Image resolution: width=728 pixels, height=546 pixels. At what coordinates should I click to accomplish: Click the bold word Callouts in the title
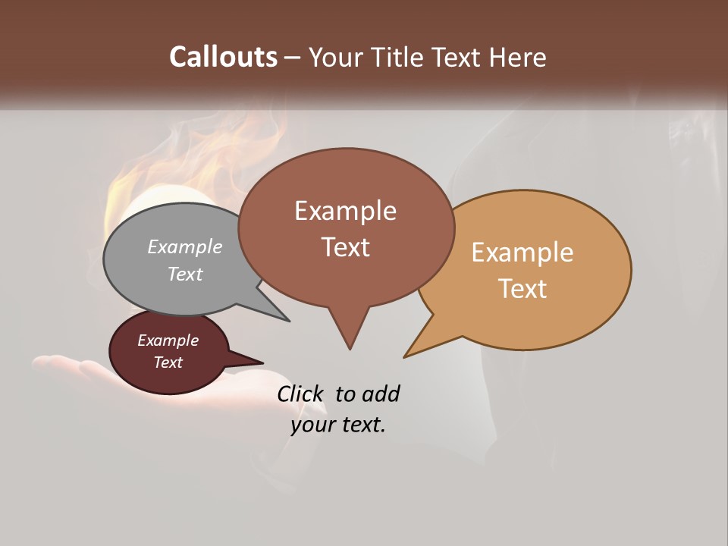[x=223, y=57]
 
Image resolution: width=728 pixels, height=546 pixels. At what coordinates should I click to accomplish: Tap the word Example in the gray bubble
[x=185, y=246]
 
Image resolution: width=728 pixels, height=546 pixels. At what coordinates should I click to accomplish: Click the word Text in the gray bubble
[x=185, y=274]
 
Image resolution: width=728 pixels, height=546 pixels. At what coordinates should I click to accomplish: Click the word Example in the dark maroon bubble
[x=168, y=340]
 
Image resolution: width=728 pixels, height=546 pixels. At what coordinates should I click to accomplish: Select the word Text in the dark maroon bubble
[x=168, y=362]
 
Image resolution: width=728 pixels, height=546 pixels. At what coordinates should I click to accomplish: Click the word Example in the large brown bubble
[x=345, y=211]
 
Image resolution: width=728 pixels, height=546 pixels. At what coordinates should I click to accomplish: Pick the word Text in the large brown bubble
[x=345, y=247]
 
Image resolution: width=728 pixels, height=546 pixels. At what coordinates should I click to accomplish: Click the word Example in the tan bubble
[x=522, y=253]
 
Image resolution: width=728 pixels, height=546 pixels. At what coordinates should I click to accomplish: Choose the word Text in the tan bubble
[x=522, y=289]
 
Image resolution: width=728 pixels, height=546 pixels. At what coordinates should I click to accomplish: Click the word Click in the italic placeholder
[x=301, y=394]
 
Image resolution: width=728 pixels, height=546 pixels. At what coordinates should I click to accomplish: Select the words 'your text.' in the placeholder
[x=338, y=425]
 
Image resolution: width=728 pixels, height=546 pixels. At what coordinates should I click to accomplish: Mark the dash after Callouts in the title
[x=293, y=57]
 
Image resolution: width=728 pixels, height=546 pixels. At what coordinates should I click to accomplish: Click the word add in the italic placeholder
[x=381, y=394]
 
